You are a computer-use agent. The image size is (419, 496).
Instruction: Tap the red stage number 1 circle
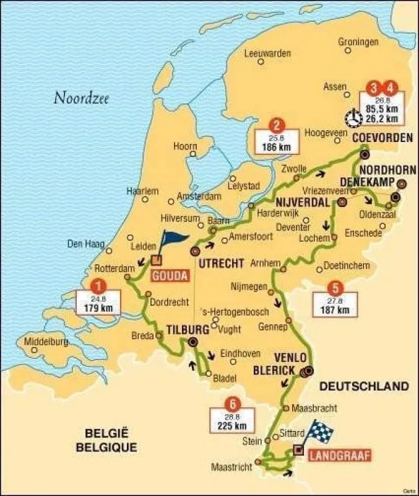97,286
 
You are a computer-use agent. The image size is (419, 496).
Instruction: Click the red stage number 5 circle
335,288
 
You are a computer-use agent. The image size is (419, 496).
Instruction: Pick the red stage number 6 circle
231,401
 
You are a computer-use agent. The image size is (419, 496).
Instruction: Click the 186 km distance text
277,148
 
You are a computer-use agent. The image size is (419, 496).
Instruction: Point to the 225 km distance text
231,425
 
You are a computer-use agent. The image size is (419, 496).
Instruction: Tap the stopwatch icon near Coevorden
353,117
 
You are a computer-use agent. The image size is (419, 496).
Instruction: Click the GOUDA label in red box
168,275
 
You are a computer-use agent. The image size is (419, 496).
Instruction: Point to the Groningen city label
358,42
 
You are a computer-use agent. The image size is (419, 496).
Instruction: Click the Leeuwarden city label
267,53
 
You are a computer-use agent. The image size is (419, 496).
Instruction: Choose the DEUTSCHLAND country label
363,386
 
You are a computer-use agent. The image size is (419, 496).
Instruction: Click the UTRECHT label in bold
220,263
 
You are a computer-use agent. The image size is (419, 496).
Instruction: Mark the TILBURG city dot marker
194,342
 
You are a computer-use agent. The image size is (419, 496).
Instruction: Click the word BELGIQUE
106,447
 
